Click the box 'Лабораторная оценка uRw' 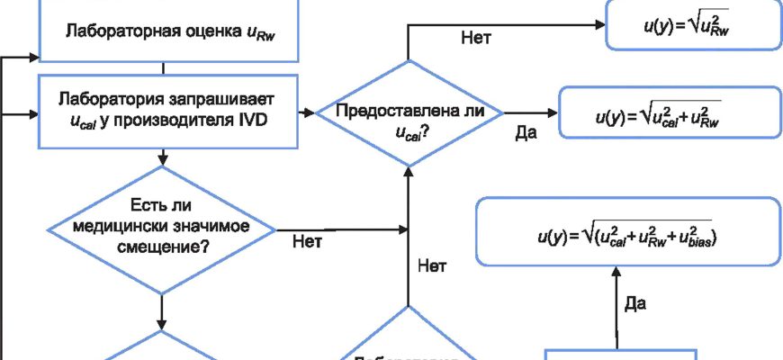tap(162, 31)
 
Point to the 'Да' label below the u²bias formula tap(635, 304)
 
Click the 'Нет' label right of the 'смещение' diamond tap(308, 240)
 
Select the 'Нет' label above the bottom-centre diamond tap(433, 265)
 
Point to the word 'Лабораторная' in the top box tap(104, 32)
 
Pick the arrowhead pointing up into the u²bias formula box tap(617, 269)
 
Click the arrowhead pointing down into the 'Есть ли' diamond tap(162, 161)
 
